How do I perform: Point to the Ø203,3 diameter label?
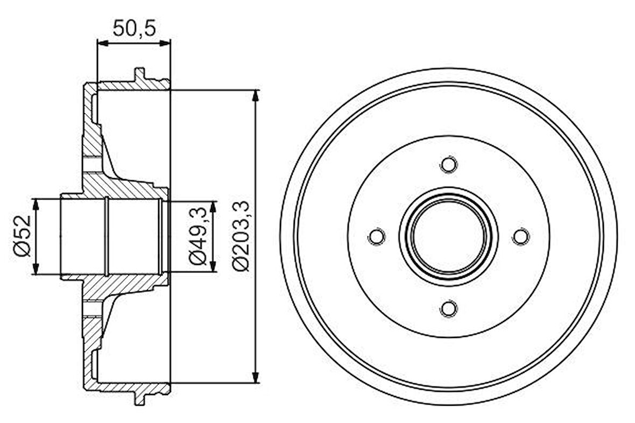tap(241, 237)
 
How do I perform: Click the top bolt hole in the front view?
tap(448, 164)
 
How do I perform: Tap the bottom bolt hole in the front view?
tap(448, 308)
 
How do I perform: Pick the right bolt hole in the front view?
tap(520, 236)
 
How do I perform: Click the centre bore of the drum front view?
tap(448, 236)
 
